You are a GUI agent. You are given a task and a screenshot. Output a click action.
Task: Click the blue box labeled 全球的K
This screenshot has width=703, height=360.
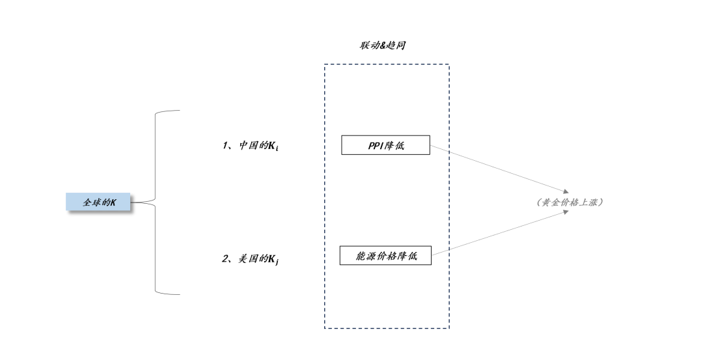click(x=99, y=202)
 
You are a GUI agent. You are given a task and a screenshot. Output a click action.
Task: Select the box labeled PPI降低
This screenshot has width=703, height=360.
click(x=385, y=145)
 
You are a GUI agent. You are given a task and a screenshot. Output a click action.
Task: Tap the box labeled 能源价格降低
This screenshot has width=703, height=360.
click(x=385, y=256)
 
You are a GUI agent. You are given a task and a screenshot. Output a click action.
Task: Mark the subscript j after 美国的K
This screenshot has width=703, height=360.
click(x=277, y=262)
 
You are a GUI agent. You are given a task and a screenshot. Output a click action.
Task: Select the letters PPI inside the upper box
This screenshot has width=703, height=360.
click(x=376, y=145)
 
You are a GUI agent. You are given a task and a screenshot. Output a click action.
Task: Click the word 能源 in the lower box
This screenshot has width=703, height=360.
click(x=365, y=256)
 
